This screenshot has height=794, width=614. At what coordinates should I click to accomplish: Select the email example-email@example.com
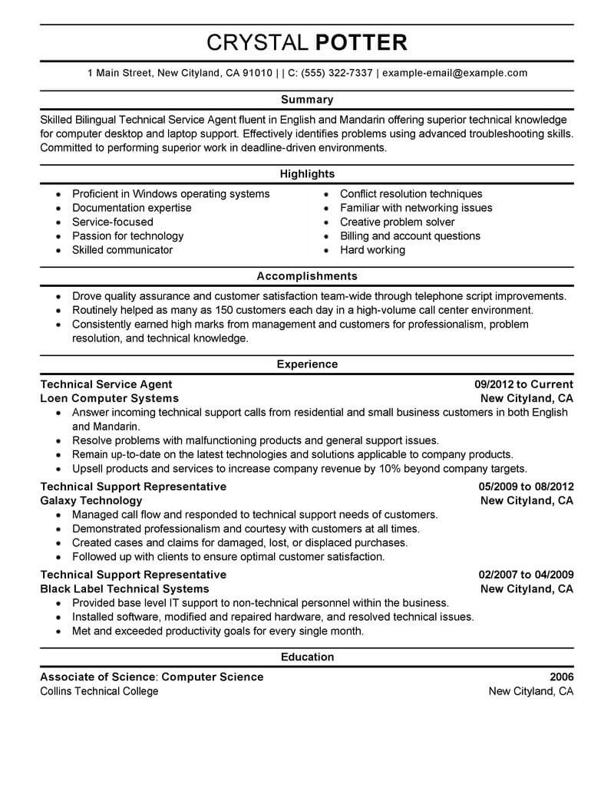pos(454,74)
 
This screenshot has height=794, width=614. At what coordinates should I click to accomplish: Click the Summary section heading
pos(307,100)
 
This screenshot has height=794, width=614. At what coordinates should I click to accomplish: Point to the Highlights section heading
pos(307,174)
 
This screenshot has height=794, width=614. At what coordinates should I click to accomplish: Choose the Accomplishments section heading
pos(307,276)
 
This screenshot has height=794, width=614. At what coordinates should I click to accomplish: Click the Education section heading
pos(307,657)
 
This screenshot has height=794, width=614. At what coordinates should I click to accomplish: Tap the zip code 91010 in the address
pos(257,74)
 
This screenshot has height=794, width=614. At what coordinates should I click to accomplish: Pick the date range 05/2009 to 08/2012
pos(526,486)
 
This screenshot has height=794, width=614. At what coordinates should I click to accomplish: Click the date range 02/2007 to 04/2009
pos(526,575)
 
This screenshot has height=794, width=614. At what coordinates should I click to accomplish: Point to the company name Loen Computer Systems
pos(109,398)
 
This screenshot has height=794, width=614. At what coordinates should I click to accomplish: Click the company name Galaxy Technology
pos(91,500)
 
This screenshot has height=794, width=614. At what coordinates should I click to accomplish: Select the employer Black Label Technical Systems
pos(124,588)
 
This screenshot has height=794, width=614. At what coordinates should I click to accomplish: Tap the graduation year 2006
pos(561,677)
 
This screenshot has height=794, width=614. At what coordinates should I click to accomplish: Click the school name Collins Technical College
pos(99,690)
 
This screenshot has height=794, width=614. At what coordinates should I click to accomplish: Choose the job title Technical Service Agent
pos(106,384)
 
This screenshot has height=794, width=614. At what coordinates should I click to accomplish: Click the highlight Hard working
pos(372,250)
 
